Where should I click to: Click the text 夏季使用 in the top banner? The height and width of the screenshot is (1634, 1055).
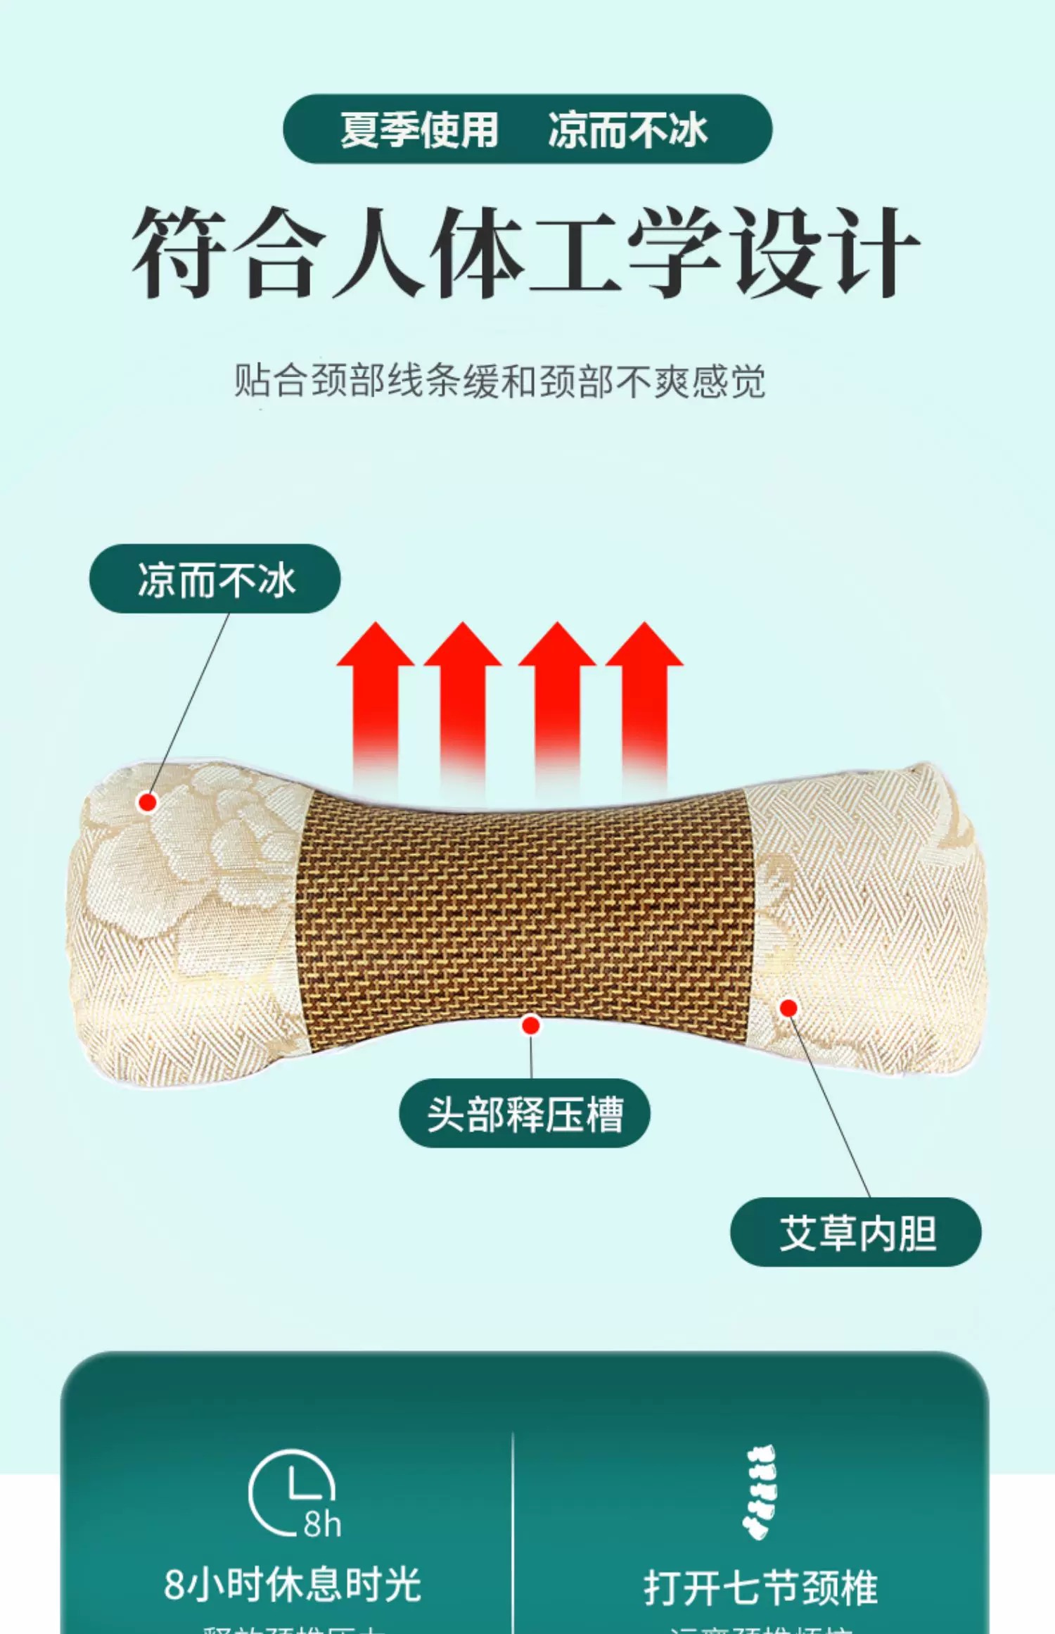pyautogui.click(x=419, y=130)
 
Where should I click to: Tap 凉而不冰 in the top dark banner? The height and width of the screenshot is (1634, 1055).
pyautogui.click(x=627, y=130)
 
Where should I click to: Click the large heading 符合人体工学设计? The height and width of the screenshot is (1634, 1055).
pyautogui.click(x=525, y=252)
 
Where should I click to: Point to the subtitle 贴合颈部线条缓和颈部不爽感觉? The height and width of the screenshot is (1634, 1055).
pyautogui.click(x=499, y=381)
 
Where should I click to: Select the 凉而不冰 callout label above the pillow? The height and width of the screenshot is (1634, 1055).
pyautogui.click(x=215, y=579)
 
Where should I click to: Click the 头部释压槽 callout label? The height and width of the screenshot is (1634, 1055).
pyautogui.click(x=525, y=1114)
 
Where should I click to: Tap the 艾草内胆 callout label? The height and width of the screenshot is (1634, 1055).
pyautogui.click(x=856, y=1233)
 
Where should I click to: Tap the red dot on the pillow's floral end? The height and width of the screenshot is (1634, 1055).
pyautogui.click(x=148, y=802)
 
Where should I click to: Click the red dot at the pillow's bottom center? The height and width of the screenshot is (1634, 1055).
pyautogui.click(x=531, y=1025)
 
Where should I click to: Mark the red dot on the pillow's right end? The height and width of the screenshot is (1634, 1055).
pyautogui.click(x=789, y=1008)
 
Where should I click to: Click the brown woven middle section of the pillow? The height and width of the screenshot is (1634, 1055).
pyautogui.click(x=524, y=915)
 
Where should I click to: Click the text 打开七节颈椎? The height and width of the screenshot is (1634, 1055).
pyautogui.click(x=761, y=1588)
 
